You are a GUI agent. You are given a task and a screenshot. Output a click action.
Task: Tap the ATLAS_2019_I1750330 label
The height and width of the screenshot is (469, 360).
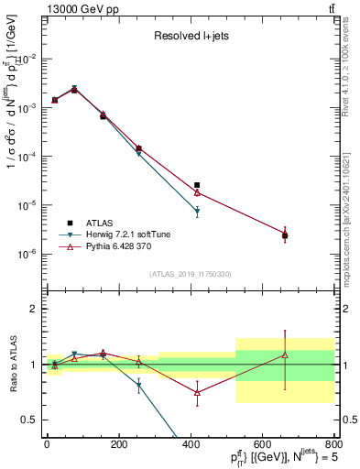[191, 273]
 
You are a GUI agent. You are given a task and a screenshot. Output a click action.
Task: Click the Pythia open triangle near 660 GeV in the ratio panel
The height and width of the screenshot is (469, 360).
[285, 354]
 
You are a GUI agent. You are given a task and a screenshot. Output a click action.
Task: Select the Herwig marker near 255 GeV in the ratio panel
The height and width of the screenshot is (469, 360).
[139, 386]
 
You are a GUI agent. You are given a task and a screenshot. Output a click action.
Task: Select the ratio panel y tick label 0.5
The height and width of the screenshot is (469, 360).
[28, 420]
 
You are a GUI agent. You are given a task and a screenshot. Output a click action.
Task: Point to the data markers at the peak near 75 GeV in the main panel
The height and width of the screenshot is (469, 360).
[74, 89]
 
